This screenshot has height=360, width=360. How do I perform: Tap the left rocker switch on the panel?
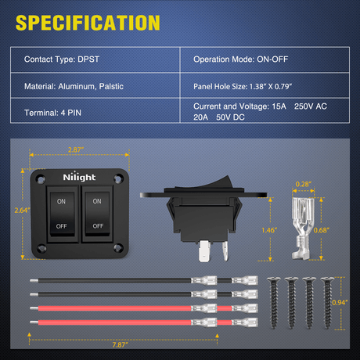point(62,213)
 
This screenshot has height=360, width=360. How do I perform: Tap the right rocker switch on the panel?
point(97,213)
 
